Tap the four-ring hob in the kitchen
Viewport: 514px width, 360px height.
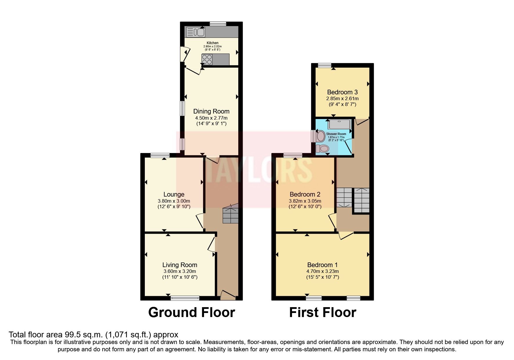207,60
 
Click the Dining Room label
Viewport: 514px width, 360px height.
211,111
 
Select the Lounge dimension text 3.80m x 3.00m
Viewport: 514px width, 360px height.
174,201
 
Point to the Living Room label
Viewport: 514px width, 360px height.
180,265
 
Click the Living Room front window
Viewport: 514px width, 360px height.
185,298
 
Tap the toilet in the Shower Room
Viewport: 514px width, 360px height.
322,149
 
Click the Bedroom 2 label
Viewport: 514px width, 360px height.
305,194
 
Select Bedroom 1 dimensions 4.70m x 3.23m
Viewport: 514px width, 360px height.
322,271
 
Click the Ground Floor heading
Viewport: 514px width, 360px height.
192,313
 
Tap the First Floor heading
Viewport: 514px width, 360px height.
322,313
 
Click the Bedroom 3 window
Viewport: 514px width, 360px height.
324,65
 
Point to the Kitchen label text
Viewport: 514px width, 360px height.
212,43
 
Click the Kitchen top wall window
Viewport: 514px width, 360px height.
218,24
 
